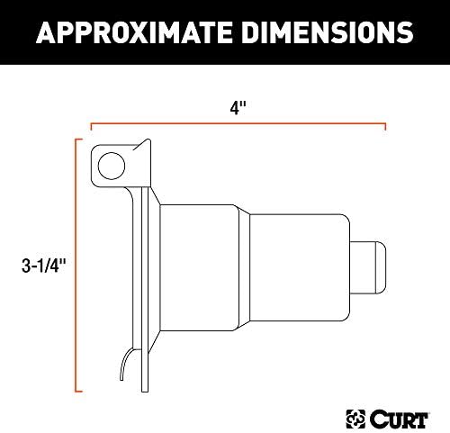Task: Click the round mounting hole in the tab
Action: click(112, 165)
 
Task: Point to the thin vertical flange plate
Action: click(140, 270)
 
